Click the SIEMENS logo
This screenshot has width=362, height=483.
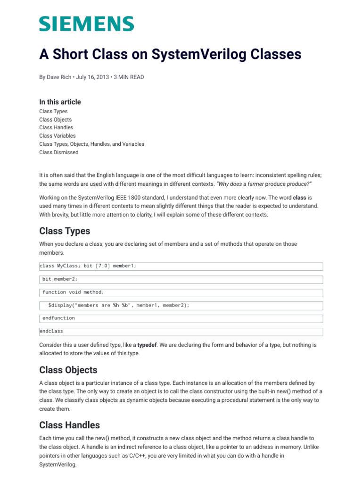[86, 24]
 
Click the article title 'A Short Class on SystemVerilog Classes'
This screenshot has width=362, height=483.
[170, 55]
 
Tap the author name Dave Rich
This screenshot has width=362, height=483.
[58, 77]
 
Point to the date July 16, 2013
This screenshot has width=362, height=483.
[92, 77]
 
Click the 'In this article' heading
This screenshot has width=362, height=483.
[60, 102]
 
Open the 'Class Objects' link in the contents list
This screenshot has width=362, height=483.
[55, 120]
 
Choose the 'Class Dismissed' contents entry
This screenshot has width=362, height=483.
[58, 152]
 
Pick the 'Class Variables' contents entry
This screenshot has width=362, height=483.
[57, 136]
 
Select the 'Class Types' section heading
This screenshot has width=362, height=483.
[65, 231]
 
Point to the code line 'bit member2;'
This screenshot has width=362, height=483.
[60, 279]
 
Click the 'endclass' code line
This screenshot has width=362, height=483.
[51, 331]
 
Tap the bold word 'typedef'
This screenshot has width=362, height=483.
[148, 345]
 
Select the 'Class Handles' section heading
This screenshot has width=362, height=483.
[69, 425]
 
